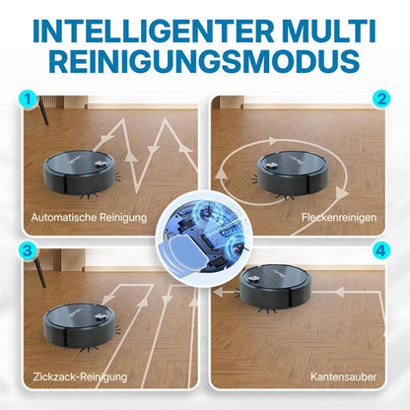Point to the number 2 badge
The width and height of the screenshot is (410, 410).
pyautogui.click(x=378, y=101)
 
